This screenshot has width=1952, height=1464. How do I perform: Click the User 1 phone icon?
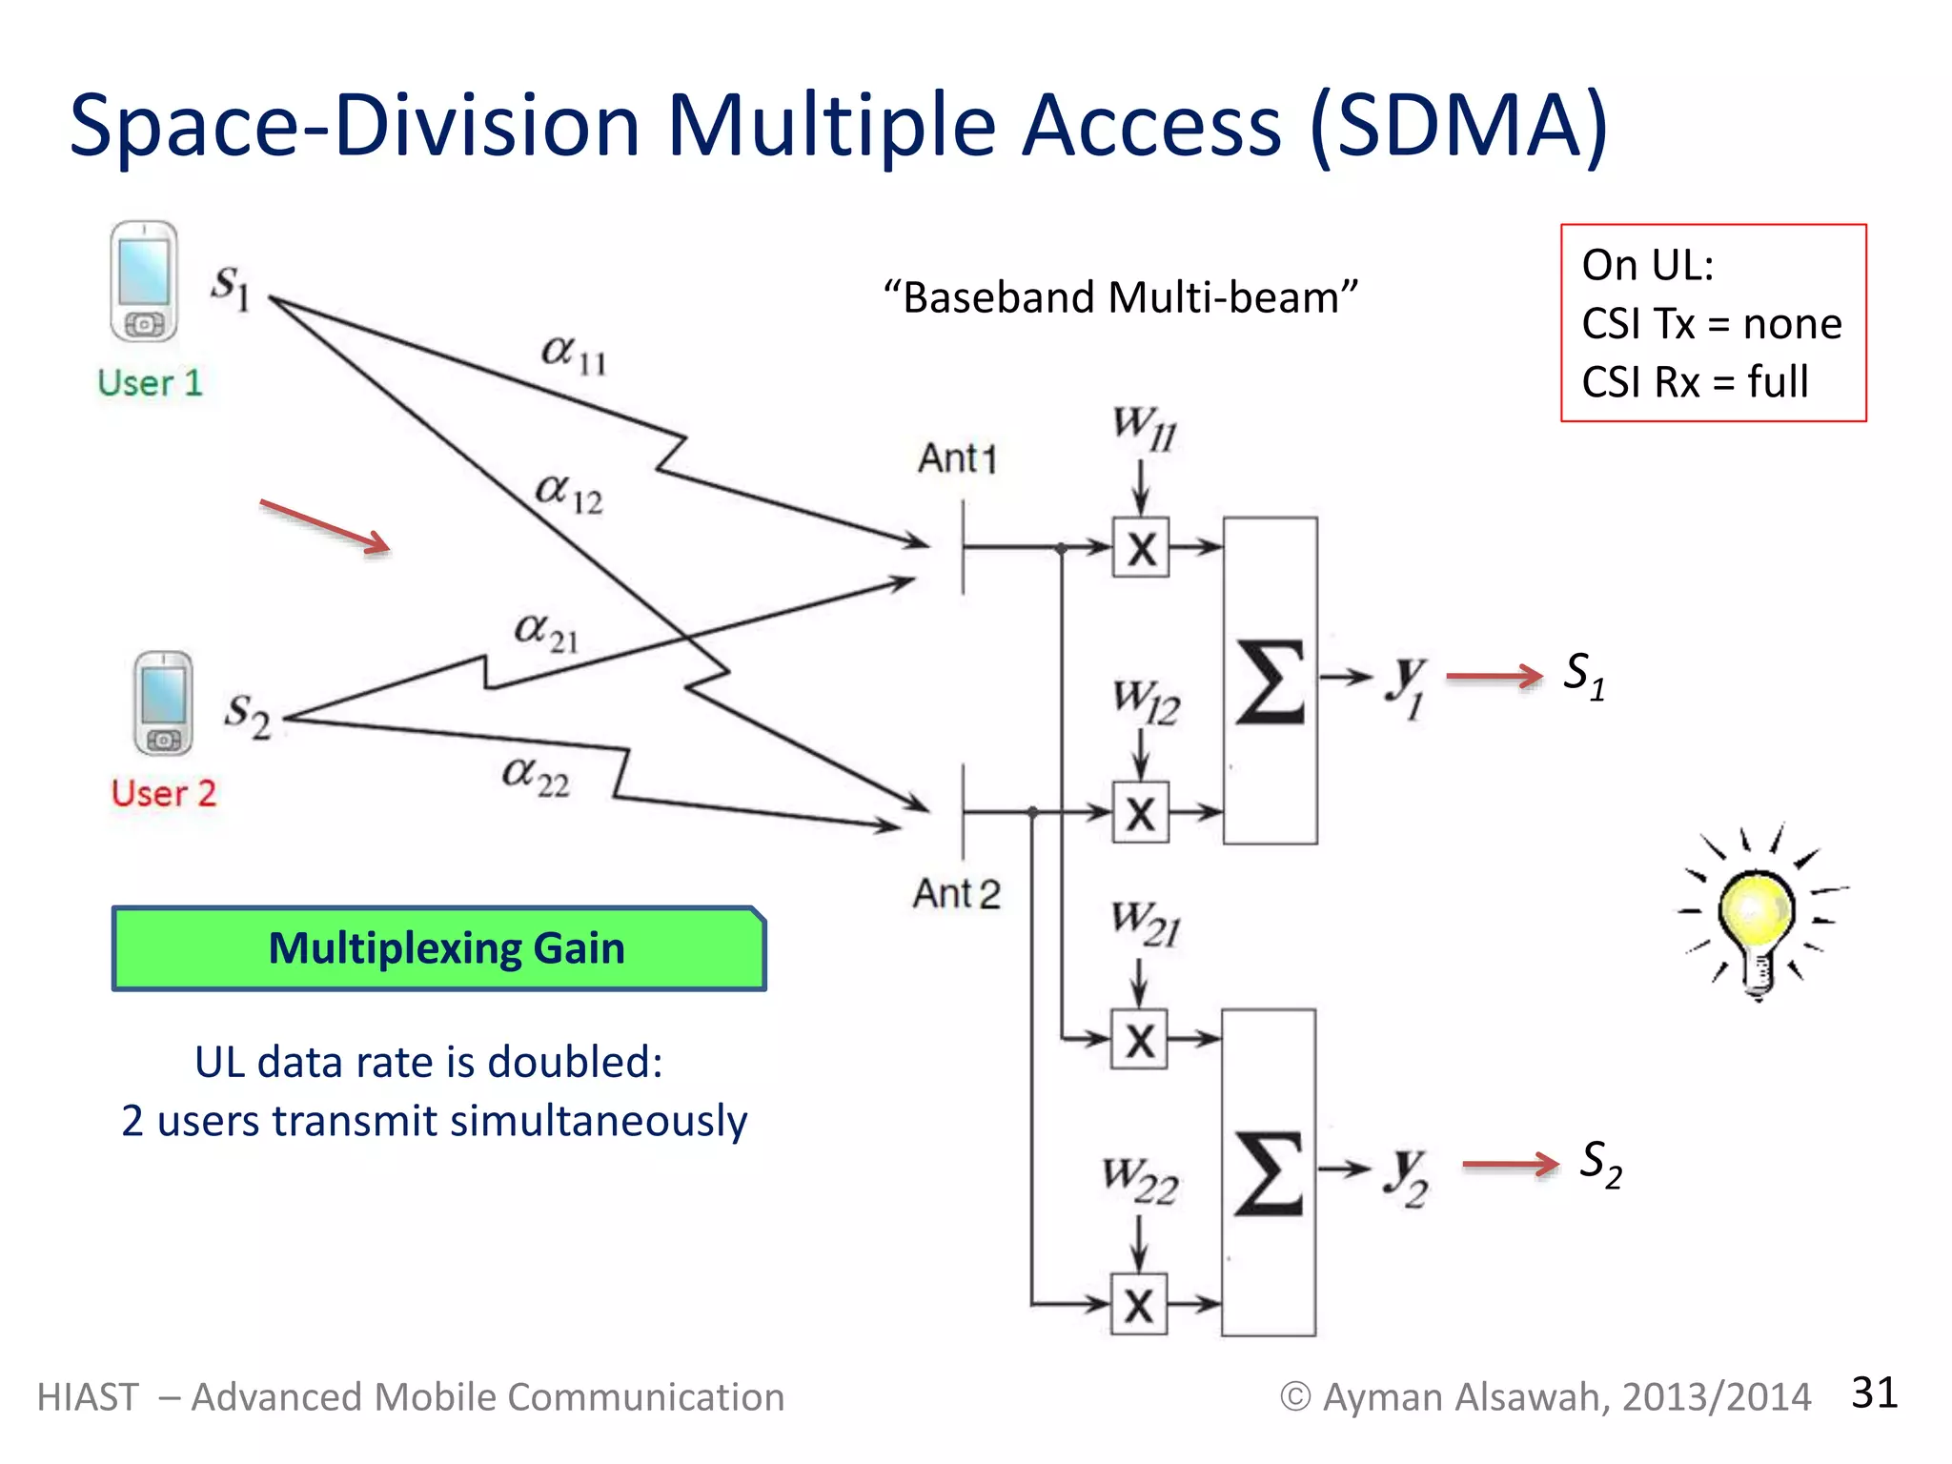click(143, 282)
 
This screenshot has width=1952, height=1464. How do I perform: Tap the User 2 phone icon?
click(163, 703)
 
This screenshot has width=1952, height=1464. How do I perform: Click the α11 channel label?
click(573, 356)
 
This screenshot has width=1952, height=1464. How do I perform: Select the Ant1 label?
click(956, 458)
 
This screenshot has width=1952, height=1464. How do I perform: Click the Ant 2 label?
click(956, 894)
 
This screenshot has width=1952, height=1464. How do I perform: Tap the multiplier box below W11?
click(1140, 548)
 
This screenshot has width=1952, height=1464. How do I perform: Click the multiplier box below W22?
click(1139, 1304)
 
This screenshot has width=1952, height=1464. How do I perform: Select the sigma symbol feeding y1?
click(1270, 681)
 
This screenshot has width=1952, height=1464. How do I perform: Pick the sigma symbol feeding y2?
click(1269, 1173)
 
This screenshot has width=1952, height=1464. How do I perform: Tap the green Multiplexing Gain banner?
click(438, 948)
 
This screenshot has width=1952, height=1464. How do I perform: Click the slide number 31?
click(1874, 1393)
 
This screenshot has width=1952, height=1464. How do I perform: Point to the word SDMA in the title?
click(1459, 126)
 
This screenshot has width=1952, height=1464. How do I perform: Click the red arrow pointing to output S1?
click(1494, 677)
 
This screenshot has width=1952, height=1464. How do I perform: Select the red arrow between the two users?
click(325, 525)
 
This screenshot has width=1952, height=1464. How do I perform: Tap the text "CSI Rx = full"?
click(1694, 382)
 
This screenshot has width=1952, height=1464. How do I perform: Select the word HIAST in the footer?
click(88, 1397)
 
